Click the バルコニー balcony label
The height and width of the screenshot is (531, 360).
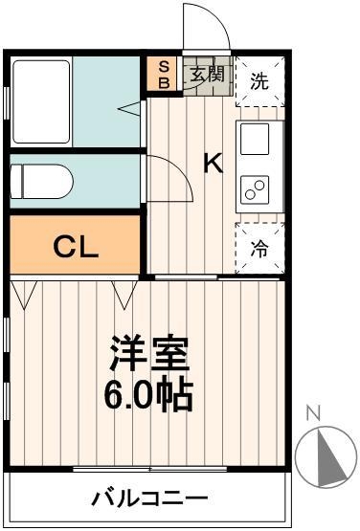coord(149,498)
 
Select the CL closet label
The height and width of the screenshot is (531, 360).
coord(75,247)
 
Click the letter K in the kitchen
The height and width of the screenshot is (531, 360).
coord(213,163)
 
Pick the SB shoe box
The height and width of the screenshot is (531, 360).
coord(163,75)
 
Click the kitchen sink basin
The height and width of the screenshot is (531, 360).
coord(257,141)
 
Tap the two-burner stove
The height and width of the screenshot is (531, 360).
coord(257,188)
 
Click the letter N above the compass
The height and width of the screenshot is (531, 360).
coord(312,413)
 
